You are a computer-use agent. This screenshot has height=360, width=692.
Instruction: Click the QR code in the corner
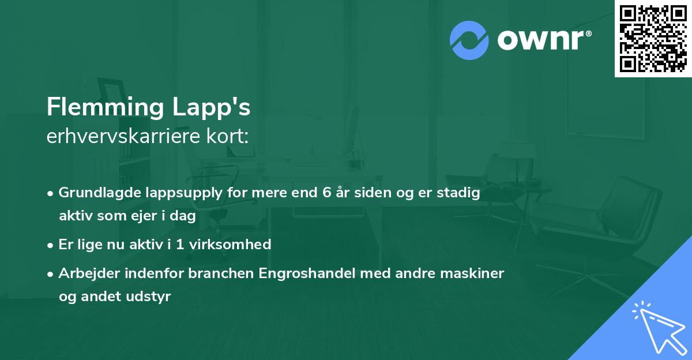pos(653,38)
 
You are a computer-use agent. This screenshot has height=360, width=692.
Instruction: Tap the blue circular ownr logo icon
pos(469,39)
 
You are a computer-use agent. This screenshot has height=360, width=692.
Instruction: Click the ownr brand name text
pos(544,40)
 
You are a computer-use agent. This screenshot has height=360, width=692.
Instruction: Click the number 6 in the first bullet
pos(326,193)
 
